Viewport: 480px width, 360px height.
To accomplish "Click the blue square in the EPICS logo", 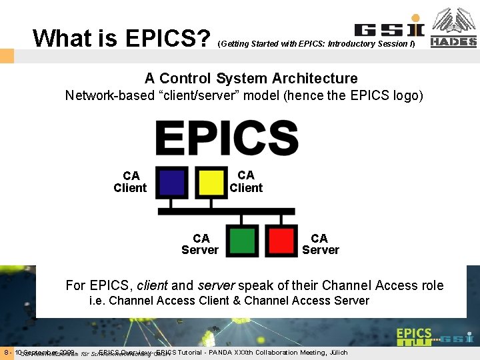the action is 173,182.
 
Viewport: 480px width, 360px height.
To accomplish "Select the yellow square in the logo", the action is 211,182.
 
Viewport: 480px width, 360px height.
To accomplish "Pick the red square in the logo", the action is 281,239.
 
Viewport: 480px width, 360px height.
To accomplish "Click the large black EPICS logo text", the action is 227,138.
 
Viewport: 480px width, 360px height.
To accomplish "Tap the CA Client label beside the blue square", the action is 131,182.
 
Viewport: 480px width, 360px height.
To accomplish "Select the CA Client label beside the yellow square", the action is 246,181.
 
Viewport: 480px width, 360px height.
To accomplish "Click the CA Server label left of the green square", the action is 200,244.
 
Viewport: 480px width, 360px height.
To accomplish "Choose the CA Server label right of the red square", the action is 320,244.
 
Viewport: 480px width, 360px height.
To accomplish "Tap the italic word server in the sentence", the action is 217,285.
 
